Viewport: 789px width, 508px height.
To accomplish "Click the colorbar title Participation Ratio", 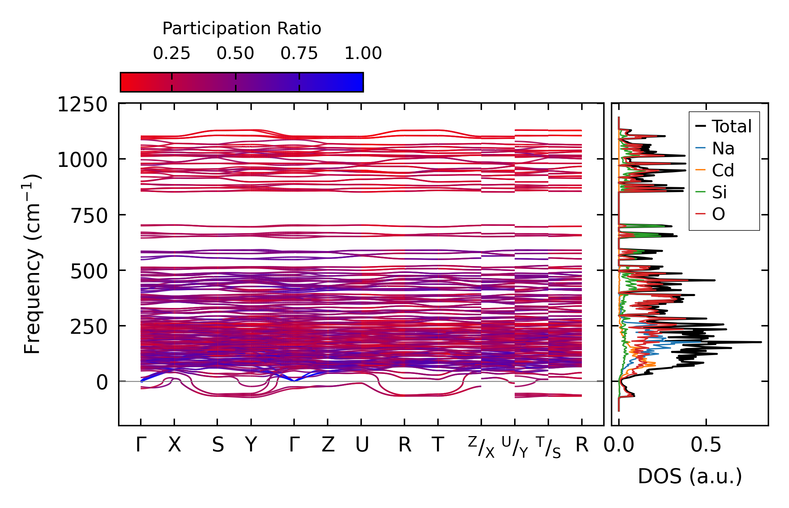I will [242, 29].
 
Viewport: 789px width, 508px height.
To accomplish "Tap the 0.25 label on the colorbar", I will [171, 53].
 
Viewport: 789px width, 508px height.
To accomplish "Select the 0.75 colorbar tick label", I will [299, 53].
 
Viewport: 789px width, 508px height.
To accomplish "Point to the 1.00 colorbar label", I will [363, 53].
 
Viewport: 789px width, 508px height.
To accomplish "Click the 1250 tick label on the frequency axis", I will [82, 105].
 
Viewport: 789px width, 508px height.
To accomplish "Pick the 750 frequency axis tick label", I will [89, 216].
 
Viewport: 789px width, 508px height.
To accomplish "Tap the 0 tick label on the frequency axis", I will [102, 382].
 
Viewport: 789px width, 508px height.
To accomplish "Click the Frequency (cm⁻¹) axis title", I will [32, 264].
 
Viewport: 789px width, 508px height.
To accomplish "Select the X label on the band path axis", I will [175, 445].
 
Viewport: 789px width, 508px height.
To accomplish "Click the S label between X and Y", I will [218, 445].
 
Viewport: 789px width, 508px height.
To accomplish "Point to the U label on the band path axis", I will [362, 445].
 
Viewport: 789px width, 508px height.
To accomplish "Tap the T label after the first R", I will [438, 445].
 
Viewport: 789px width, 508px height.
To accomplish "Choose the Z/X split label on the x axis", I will [481, 447].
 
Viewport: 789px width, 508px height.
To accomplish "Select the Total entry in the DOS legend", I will [732, 126].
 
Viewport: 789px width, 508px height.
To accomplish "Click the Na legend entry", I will [723, 148].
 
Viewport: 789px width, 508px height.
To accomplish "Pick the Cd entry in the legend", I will [723, 170].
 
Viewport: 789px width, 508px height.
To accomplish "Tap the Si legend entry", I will [719, 192].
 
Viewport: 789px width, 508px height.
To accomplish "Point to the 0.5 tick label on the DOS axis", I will [706, 445].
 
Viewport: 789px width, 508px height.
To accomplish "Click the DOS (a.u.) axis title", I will [690, 477].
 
